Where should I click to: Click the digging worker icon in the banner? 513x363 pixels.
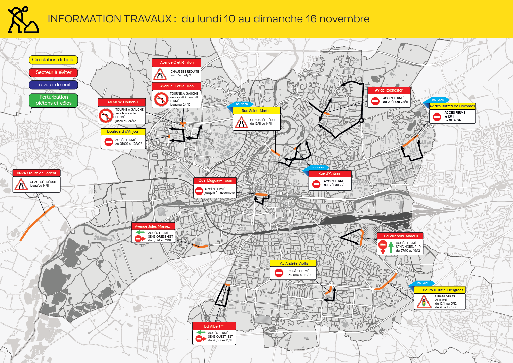pyautogui.click(x=23, y=20)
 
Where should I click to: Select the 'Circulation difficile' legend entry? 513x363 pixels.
pyautogui.click(x=53, y=60)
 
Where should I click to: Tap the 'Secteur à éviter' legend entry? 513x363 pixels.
pyautogui.click(x=53, y=72)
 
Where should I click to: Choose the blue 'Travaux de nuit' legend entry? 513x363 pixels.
pyautogui.click(x=53, y=85)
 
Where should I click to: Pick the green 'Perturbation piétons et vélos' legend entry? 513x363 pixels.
pyautogui.click(x=53, y=100)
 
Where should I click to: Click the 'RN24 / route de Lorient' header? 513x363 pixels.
pyautogui.click(x=36, y=173)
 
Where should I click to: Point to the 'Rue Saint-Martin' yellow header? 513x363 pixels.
pyautogui.click(x=256, y=111)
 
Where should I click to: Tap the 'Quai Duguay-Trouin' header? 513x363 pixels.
pyautogui.click(x=215, y=180)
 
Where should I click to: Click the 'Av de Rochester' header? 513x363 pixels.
pyautogui.click(x=389, y=90)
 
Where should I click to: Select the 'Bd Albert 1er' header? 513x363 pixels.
pyautogui.click(x=214, y=326)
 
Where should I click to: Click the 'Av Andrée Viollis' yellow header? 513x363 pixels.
pyautogui.click(x=294, y=263)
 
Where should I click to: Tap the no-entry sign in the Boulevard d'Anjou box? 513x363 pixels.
pyautogui.click(x=108, y=142)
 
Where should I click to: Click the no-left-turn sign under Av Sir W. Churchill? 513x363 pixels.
pyautogui.click(x=106, y=115)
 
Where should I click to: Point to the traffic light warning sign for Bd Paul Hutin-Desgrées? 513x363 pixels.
pyautogui.click(x=424, y=302)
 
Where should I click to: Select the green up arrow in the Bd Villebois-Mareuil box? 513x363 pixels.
pyautogui.click(x=391, y=247)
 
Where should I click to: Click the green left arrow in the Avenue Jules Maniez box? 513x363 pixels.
pyautogui.click(x=140, y=232)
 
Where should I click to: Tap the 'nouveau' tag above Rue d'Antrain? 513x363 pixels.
pyautogui.click(x=317, y=167)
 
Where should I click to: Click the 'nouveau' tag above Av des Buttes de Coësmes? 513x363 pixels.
pyautogui.click(x=438, y=100)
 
